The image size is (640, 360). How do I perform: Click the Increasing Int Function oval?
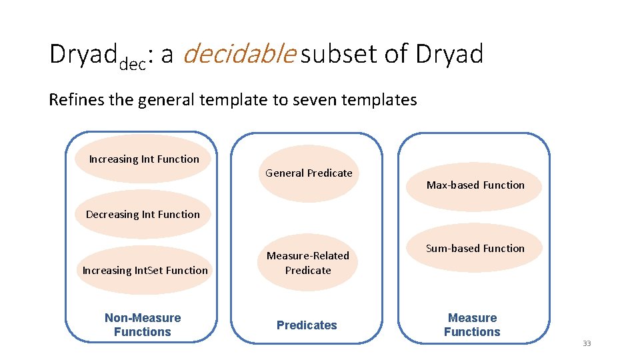143,159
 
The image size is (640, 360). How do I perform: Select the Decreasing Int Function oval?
143,215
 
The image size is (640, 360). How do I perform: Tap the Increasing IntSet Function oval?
145,270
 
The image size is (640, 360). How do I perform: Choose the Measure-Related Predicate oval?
308,263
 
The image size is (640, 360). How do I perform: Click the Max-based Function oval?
475,185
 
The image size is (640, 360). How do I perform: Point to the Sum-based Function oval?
475,248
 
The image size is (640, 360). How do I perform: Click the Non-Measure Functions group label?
143,325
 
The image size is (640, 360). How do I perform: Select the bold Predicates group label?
307,325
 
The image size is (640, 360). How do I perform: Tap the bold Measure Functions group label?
472,325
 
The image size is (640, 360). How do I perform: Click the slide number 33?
587,343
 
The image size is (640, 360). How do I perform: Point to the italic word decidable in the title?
237,55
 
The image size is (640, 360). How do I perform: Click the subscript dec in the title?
132,65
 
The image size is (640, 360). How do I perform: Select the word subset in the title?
338,55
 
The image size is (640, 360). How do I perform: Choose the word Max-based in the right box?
450,185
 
